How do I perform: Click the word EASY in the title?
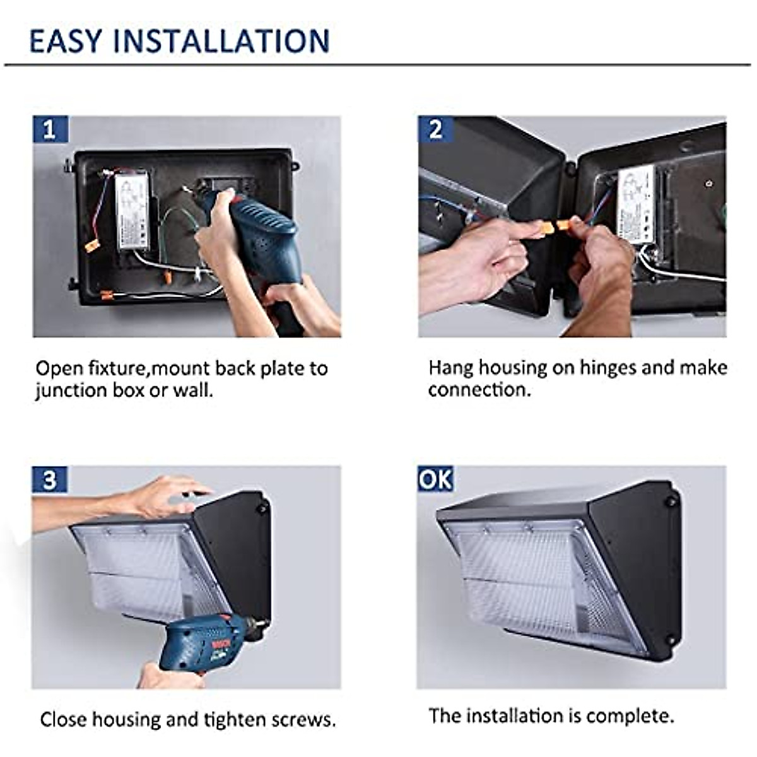66,40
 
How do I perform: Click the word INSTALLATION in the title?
221,40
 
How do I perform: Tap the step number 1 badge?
50,129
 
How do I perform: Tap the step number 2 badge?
435,129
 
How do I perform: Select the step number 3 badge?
49,480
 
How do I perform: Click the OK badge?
435,479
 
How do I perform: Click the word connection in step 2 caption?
479,390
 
